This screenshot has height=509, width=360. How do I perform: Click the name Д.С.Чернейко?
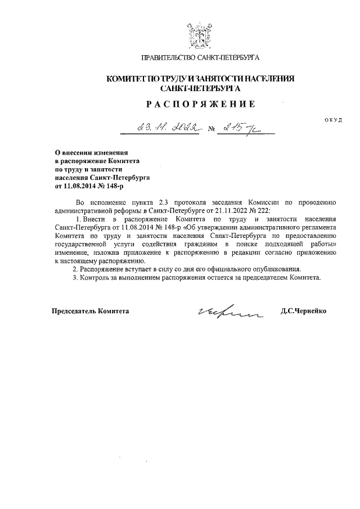click(303, 311)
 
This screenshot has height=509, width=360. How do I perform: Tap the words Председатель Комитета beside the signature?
click(91, 311)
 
